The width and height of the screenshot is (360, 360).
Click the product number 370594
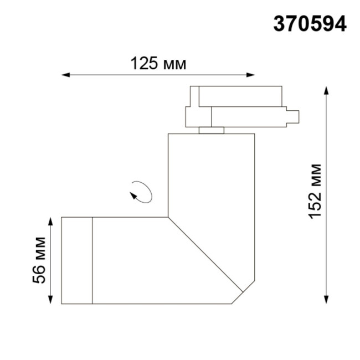(310, 24)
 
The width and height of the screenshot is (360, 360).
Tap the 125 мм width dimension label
(158, 64)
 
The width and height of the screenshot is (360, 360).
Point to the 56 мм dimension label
(39, 260)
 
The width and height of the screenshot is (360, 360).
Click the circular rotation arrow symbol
(141, 192)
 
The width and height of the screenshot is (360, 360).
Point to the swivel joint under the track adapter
(212, 131)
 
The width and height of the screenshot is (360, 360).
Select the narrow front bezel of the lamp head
(76, 260)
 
